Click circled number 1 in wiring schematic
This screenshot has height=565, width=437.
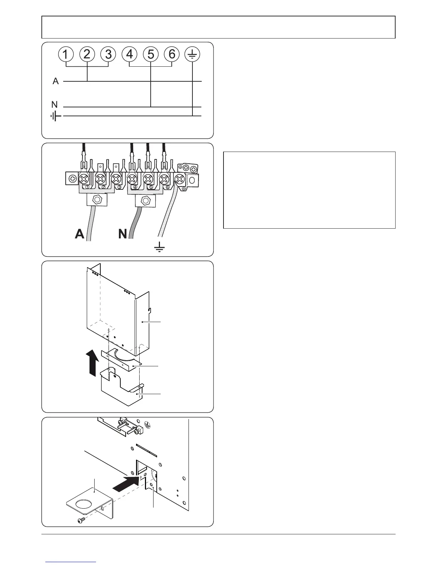point(66,55)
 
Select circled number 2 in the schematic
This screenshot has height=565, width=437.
point(87,55)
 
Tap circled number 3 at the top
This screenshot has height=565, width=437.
point(108,55)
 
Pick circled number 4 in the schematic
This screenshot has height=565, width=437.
point(130,55)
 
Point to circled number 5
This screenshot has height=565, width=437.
point(151,55)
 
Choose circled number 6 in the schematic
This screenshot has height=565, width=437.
point(172,55)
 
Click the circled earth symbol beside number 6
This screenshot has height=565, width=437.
point(193,55)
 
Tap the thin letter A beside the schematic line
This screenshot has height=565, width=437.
point(56,81)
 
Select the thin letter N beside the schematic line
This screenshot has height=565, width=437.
point(54,105)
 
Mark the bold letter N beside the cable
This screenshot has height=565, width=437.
point(122,234)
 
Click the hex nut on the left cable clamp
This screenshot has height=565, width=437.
point(97,200)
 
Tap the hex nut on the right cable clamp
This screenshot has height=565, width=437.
point(145,200)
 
